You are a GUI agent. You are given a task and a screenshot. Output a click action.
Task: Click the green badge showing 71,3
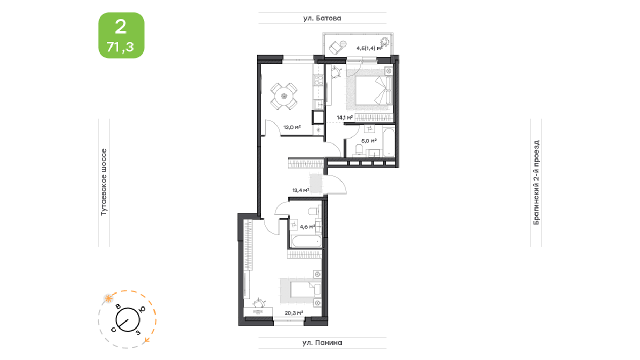pos(121,35)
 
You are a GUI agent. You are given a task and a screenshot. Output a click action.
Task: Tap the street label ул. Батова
pos(322,18)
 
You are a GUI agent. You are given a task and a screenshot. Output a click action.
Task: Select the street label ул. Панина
pos(322,342)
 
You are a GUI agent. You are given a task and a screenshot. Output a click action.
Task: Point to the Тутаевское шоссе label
pos(103,182)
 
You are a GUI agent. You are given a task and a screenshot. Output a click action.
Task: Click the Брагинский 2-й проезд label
pos(536,182)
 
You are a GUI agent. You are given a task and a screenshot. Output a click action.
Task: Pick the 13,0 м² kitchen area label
pos(292,127)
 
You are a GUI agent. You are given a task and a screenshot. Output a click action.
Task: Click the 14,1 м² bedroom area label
pos(344,117)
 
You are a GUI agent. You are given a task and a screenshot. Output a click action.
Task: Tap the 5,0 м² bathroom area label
pos(369,141)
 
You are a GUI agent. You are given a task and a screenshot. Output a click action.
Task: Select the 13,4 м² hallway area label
pos(300,190)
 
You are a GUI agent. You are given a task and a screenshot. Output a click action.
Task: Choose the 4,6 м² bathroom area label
pos(307,227)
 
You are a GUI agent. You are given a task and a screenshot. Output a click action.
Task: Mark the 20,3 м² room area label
pos(294,313)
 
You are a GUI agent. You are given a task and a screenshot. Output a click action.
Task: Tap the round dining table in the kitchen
pos(284,96)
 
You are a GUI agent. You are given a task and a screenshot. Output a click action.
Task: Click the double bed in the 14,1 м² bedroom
pos(374,90)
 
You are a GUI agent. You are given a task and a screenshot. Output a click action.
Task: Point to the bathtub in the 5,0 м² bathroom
pos(388,142)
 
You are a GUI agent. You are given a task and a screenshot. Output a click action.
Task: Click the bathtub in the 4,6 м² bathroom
pos(306,241)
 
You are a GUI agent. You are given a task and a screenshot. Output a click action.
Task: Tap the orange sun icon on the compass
pos(108,299)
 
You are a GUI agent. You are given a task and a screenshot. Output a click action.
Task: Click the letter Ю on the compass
pos(142,309)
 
